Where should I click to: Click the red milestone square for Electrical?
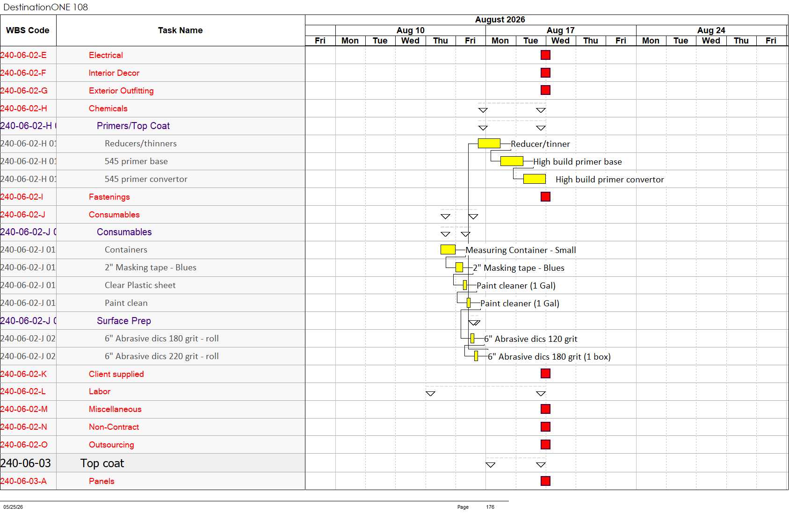[x=545, y=55]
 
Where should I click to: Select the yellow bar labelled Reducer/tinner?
[x=489, y=143]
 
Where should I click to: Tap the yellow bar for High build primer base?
[x=512, y=161]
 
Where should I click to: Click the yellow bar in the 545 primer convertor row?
[x=534, y=179]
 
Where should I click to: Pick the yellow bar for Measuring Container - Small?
[x=448, y=249]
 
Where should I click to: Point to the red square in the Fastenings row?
[x=545, y=196]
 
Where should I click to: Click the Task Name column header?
[x=180, y=30]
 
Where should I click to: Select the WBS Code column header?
[x=28, y=30]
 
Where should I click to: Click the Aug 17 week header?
[x=560, y=30]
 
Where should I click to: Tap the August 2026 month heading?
[x=500, y=19]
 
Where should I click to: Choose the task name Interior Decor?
[x=114, y=73]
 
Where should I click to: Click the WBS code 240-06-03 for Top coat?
[x=26, y=463]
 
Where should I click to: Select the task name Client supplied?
[x=116, y=374]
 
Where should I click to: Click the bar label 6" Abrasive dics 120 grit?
[x=530, y=339]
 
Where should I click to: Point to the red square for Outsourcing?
[x=545, y=444]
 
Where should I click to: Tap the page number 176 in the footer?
[x=490, y=507]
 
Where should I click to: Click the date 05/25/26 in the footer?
[x=13, y=507]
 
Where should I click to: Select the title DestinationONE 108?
[x=45, y=7]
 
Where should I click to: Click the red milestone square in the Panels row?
[x=545, y=481]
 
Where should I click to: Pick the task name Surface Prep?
[x=123, y=321]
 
